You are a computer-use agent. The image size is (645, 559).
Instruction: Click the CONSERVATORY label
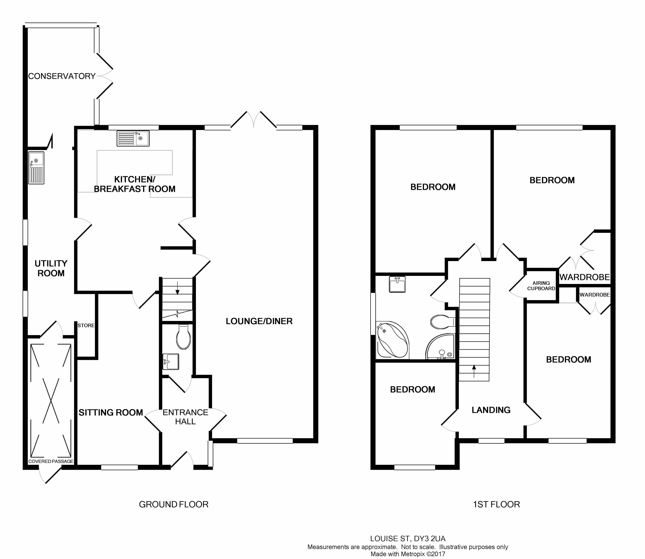[62, 76]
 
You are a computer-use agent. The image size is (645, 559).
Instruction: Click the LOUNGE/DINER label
[259, 321]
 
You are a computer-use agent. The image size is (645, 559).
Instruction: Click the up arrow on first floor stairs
[474, 371]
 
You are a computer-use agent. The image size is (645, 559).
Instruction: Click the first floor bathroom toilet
[443, 322]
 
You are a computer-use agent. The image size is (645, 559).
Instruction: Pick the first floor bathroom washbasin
[397, 284]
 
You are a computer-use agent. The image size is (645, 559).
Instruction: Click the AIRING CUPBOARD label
[541, 286]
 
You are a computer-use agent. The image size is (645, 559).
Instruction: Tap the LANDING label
[491, 410]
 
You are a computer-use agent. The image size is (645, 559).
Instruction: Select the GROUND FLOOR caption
[174, 504]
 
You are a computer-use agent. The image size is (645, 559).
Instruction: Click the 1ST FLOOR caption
[497, 504]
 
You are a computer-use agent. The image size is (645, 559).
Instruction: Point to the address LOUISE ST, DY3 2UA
[408, 539]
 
